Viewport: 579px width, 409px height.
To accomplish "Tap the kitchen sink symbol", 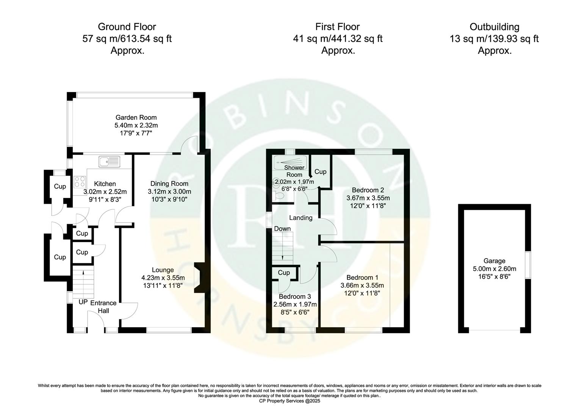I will (x=109, y=161).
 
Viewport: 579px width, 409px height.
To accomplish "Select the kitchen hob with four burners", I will (x=80, y=181).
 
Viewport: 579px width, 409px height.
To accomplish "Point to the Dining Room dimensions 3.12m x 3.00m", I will (x=169, y=191).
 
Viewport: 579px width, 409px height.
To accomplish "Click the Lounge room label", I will (x=163, y=270).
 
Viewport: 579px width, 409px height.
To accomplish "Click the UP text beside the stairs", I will (x=83, y=302).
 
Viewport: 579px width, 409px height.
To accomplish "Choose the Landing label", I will (x=300, y=218).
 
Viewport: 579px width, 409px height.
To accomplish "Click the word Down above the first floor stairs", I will (x=282, y=229).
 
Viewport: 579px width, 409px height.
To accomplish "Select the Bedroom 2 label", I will (x=368, y=190).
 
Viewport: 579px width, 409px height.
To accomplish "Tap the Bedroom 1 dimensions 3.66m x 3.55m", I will (x=362, y=286).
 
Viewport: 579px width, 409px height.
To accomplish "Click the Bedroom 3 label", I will (x=295, y=297).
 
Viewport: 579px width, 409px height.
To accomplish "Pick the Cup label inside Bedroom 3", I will (x=284, y=273).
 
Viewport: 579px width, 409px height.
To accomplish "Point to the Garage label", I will (x=494, y=261).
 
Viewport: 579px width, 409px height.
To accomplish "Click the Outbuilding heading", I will (x=494, y=27).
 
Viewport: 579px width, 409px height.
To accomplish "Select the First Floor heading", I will (x=337, y=27).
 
